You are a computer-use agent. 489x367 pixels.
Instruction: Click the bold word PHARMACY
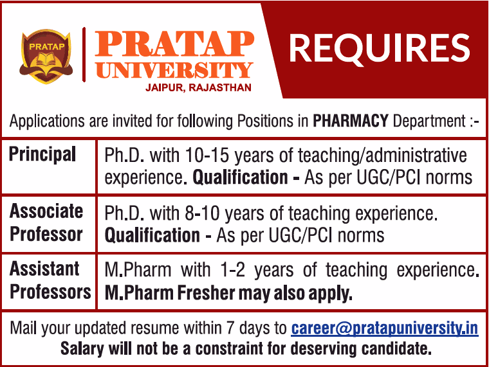[350, 120]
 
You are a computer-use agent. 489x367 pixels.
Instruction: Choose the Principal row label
[42, 154]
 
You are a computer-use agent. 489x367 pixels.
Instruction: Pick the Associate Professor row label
[47, 222]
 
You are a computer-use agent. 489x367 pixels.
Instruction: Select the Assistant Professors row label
[50, 280]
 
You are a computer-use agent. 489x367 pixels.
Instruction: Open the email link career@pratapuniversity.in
[385, 328]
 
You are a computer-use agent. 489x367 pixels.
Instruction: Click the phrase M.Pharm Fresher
[169, 293]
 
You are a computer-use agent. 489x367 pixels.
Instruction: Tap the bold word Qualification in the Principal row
[240, 177]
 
